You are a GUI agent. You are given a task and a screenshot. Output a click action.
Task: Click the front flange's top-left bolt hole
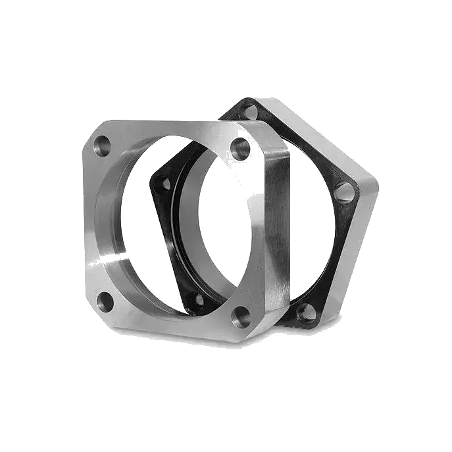103,145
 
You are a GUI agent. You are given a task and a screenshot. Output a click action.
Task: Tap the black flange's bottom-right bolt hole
306,312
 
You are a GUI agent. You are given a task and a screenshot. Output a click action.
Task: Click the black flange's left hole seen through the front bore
167,184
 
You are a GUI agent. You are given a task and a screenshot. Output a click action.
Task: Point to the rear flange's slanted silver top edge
309,132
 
